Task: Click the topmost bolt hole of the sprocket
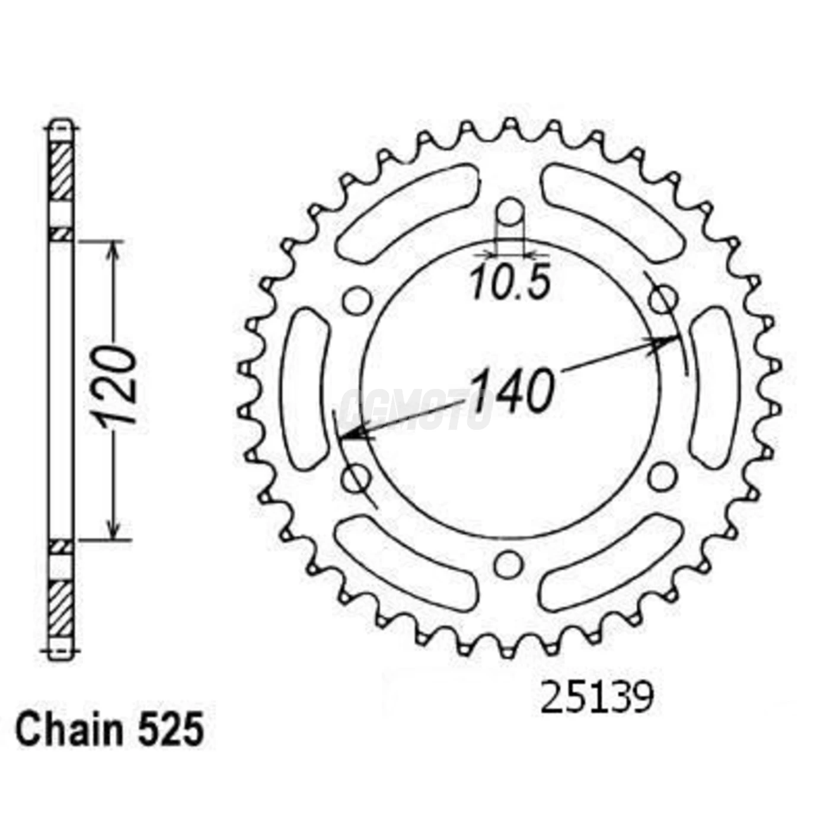(x=510, y=212)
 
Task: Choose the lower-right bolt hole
(x=662, y=476)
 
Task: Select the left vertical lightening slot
(x=307, y=388)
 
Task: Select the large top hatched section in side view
(x=61, y=171)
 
